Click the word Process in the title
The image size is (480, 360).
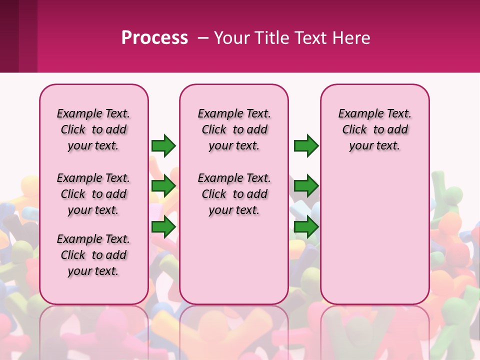click(x=154, y=38)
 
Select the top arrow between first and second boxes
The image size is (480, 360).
click(x=163, y=145)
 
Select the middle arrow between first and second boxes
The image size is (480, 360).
click(x=163, y=186)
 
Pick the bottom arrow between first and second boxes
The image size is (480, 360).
click(x=163, y=227)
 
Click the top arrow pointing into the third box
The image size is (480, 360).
click(x=306, y=145)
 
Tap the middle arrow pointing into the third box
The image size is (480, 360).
click(x=306, y=186)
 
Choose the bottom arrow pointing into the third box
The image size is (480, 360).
click(x=306, y=227)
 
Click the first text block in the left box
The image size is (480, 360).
click(x=93, y=129)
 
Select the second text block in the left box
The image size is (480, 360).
click(x=93, y=194)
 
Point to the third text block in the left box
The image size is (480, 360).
click(x=93, y=255)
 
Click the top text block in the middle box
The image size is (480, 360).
click(x=234, y=129)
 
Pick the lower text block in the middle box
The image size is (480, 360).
click(x=234, y=194)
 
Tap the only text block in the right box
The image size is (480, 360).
click(x=374, y=129)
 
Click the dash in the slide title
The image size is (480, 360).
click(x=203, y=38)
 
